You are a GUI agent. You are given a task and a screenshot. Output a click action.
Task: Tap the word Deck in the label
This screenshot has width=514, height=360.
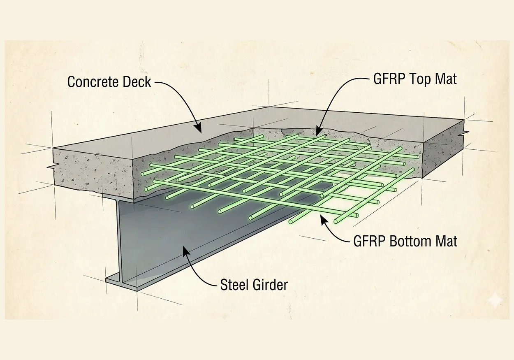point(137,81)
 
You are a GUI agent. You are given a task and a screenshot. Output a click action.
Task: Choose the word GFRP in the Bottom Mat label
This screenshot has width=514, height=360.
point(368,241)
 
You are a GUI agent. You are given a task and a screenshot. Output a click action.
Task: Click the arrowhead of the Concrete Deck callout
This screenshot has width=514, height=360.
point(199,130)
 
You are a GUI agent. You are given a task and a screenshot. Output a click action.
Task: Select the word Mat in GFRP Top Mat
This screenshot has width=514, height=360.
point(447,79)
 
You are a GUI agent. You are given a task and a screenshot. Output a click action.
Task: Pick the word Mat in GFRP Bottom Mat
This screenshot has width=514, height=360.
point(447,241)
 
